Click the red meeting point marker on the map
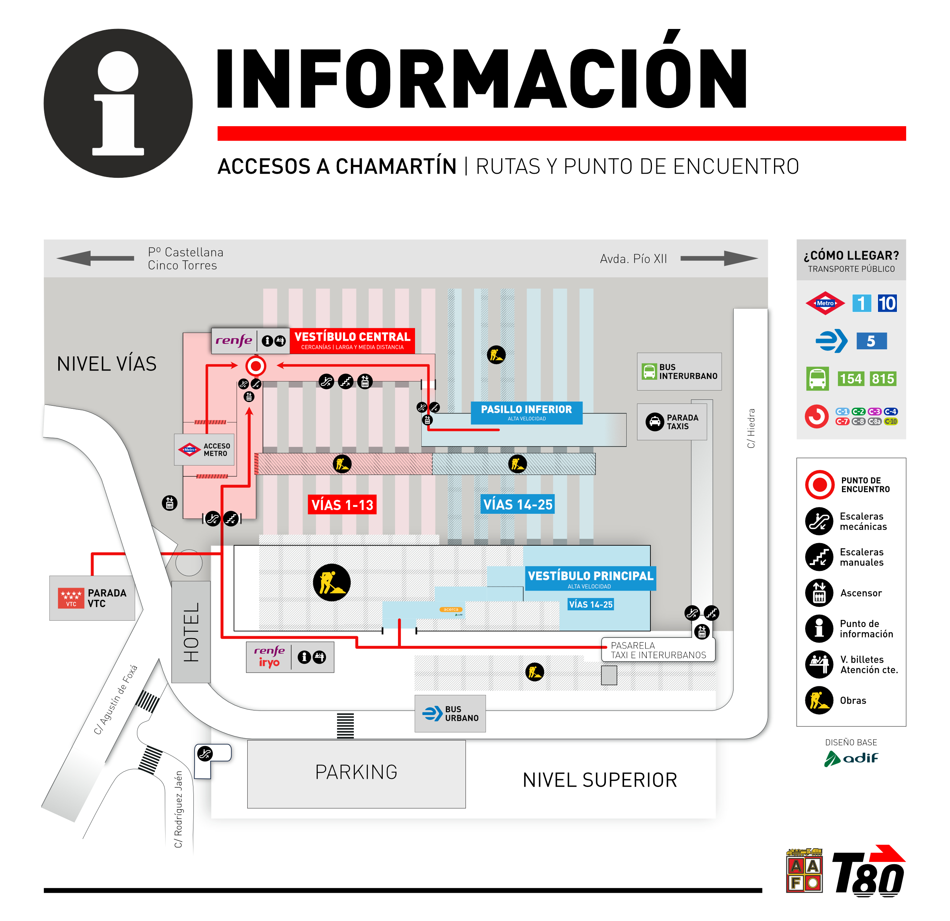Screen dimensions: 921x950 (255, 366)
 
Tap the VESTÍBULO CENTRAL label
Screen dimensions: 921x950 (352, 340)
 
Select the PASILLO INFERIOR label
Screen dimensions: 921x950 (526, 412)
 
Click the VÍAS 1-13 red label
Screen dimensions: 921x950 (342, 504)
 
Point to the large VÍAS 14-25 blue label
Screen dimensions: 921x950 (518, 504)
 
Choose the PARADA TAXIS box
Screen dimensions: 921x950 (672, 422)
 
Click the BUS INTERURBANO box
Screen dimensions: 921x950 (679, 371)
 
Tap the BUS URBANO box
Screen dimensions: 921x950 (450, 713)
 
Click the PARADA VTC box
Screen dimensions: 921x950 (92, 598)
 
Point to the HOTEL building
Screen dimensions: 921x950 (191, 631)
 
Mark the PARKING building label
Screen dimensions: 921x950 (356, 773)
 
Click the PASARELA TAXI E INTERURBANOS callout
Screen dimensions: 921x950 (658, 650)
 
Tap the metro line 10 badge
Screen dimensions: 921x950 (887, 303)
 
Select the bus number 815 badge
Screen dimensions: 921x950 (883, 379)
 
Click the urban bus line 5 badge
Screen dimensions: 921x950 (871, 341)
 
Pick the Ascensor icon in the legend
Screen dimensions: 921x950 (819, 593)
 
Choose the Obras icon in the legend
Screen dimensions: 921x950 (819, 700)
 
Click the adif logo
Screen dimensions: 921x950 (851, 758)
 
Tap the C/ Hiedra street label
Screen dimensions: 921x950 (751, 428)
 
